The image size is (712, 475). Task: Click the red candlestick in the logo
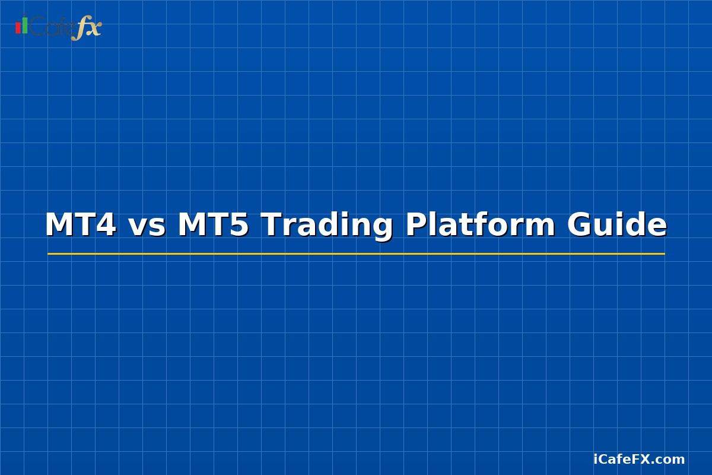click(18, 28)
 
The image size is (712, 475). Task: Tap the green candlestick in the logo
click(25, 25)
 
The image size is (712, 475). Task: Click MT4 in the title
click(80, 226)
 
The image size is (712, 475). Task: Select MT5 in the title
click(213, 226)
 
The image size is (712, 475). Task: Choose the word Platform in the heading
click(480, 226)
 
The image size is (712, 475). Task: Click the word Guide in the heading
click(617, 226)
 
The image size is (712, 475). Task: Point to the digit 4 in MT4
click(106, 226)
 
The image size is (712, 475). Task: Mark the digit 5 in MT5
click(239, 226)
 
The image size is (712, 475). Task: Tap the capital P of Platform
click(416, 226)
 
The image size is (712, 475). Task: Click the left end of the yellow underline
click(49, 254)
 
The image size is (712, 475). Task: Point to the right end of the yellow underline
click(663, 254)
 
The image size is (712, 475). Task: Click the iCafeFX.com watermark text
click(639, 459)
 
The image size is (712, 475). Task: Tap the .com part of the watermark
click(670, 460)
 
